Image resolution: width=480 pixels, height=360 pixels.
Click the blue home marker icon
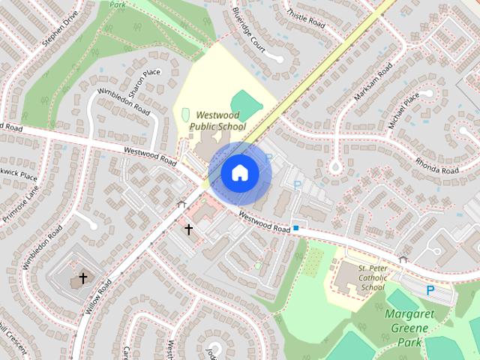coord(240,173)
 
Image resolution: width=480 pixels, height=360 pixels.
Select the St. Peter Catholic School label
coord(372,277)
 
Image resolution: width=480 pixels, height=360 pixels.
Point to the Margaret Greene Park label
coord(410,327)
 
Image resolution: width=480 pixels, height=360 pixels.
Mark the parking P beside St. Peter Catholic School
coord(430,289)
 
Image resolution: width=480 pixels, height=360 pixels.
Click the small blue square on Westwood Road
coord(297,227)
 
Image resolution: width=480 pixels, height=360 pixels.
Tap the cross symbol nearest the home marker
coord(188,229)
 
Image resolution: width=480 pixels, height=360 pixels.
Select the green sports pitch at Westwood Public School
coord(244,103)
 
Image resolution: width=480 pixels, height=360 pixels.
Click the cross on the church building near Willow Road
coord(83,278)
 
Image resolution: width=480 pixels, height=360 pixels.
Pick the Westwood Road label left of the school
coord(150,155)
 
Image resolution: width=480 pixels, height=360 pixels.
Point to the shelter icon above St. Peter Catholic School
coord(403,259)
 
